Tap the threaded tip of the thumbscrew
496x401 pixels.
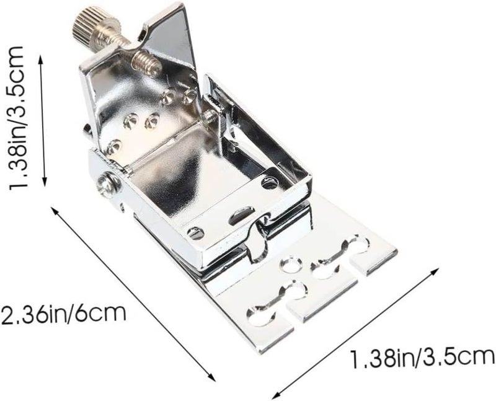[x=146, y=64]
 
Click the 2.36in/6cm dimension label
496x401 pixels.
[x=63, y=313]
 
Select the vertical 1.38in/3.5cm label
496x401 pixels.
[x=17, y=118]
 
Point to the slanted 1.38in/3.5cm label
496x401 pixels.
[x=423, y=358]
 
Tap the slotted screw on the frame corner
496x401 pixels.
[x=195, y=234]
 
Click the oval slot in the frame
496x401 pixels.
[x=242, y=215]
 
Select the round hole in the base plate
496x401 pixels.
[x=291, y=265]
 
